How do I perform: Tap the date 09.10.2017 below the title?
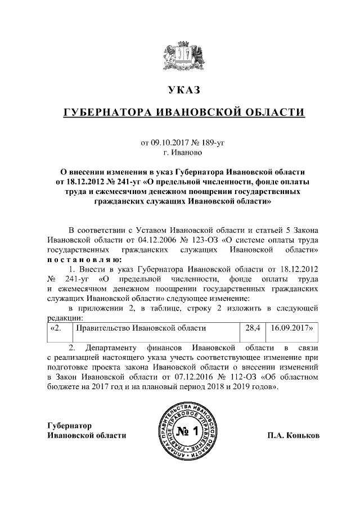tap(170, 143)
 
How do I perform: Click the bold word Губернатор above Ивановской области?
tap(70, 426)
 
